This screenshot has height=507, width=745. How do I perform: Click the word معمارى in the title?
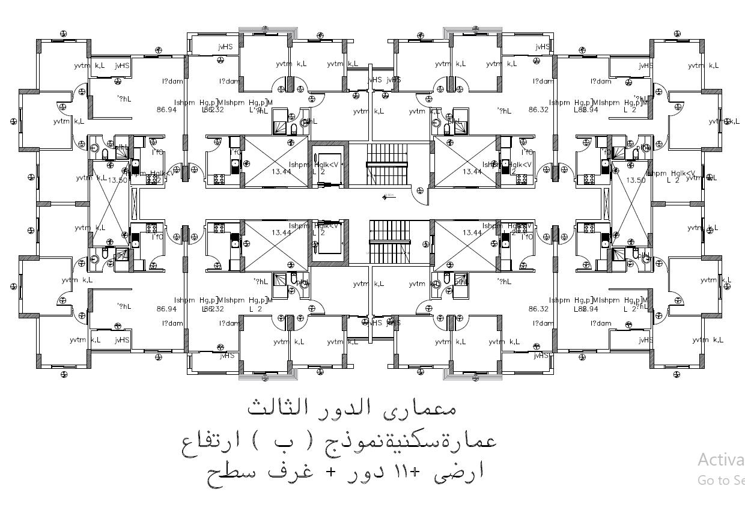click(x=428, y=409)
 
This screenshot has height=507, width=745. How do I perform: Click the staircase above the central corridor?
click(x=387, y=163)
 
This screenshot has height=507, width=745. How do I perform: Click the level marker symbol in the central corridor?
click(x=386, y=196)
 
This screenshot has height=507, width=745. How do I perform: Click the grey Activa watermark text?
click(x=720, y=460)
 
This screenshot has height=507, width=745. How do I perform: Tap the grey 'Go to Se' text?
click(x=720, y=480)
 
